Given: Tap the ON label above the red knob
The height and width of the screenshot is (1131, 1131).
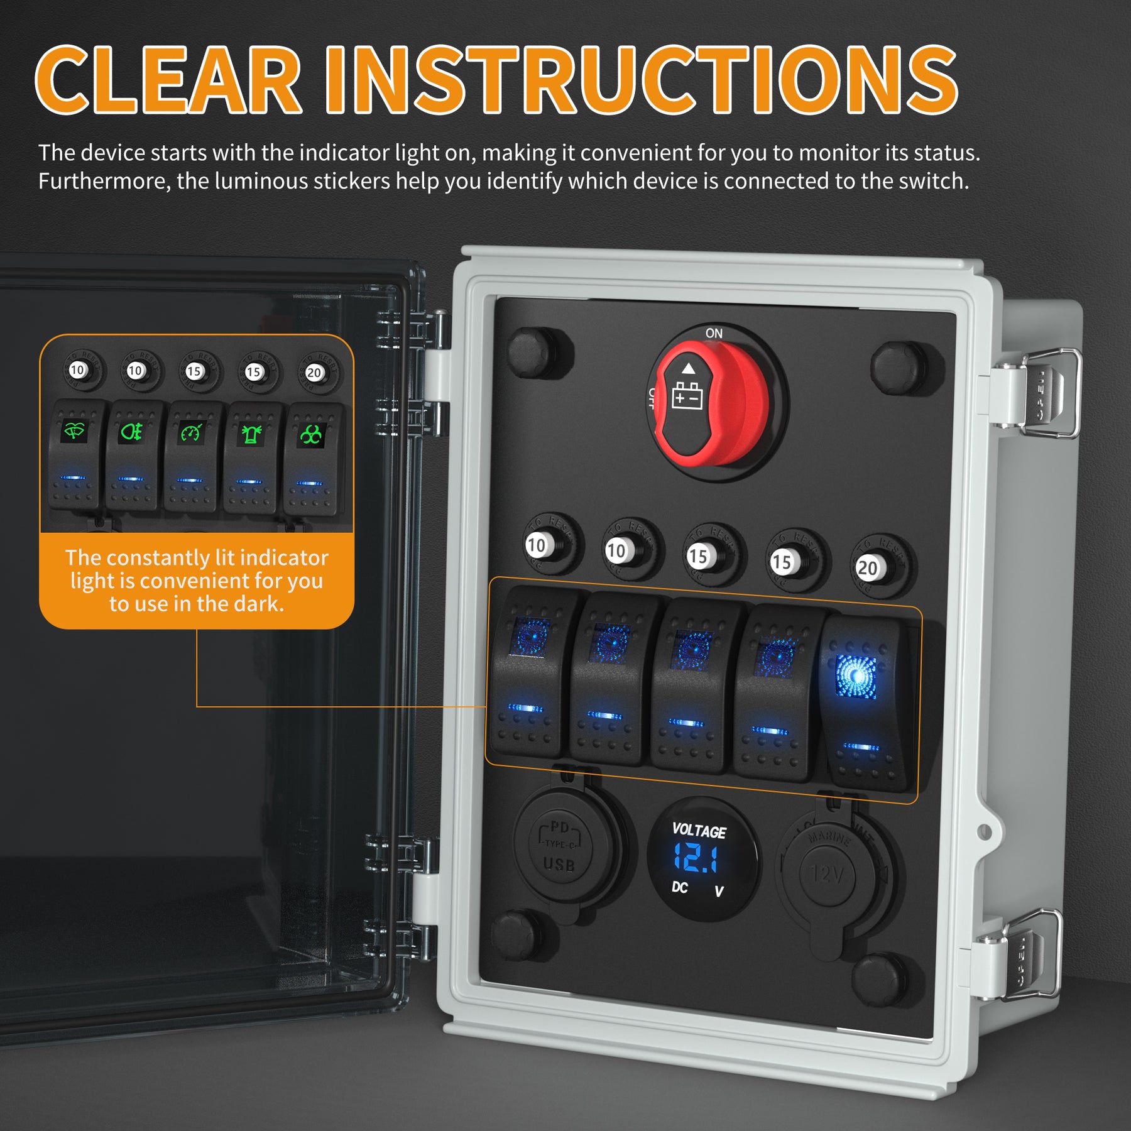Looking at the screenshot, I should pos(714,334).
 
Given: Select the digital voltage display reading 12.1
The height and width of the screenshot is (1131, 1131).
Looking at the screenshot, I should pos(696,858).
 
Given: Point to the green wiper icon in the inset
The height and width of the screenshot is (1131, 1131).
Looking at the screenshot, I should pos(75,432).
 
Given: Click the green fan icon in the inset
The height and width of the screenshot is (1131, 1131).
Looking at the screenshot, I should pos(310,434).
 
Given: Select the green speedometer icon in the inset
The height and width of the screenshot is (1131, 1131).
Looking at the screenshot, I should pos(191,433).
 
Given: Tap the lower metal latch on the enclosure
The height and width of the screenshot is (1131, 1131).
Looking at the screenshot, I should pos(1024,955).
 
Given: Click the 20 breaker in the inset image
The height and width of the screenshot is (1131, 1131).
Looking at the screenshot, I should pos(314,373).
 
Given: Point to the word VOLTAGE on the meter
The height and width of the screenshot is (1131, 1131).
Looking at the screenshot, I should pos(699,831).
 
